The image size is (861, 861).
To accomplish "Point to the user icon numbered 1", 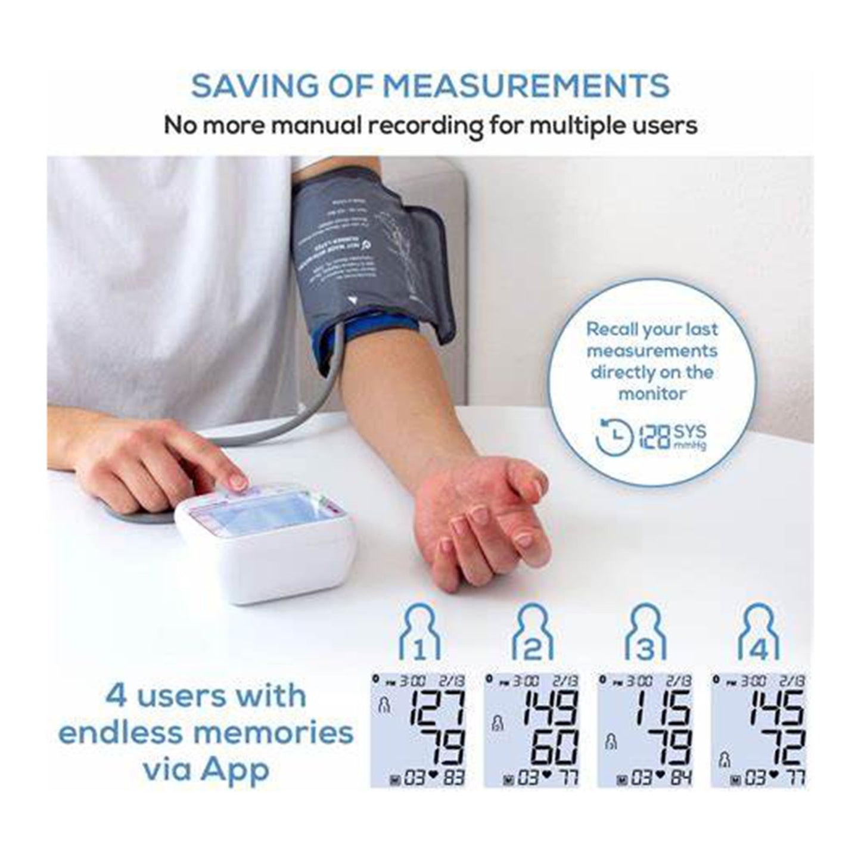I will [419, 632].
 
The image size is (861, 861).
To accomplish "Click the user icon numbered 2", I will [533, 632].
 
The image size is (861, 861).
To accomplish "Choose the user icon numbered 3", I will [645, 632].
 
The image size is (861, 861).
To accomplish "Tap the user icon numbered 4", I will [759, 632].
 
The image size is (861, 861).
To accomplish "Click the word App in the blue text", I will [235, 769].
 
